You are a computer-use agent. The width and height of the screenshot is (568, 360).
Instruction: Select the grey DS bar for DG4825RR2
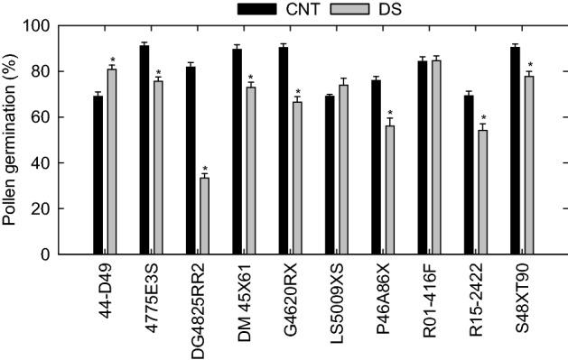coord(205,216)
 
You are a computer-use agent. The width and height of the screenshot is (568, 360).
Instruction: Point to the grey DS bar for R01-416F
coord(437,157)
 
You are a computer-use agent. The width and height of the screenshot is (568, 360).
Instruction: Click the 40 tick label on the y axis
coord(40,163)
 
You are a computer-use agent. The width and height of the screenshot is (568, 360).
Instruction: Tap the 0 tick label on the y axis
coord(43,254)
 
